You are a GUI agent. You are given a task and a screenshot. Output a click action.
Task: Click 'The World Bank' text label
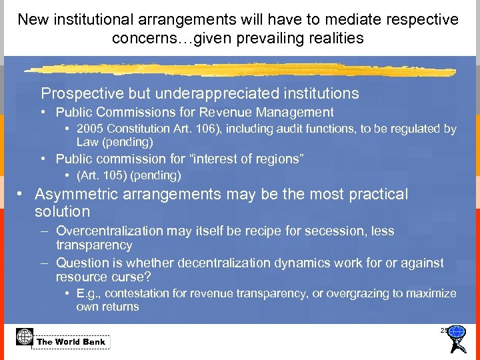tap(71, 342)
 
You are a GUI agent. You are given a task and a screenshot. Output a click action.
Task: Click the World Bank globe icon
tap(24, 337)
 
